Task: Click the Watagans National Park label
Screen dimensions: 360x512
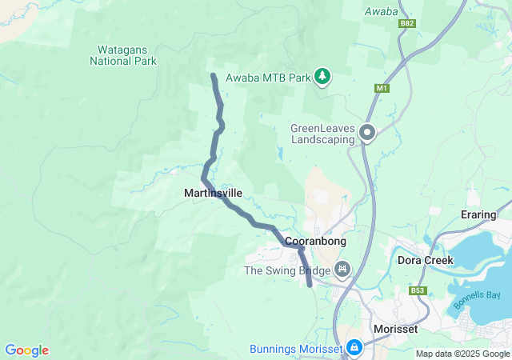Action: tap(123, 54)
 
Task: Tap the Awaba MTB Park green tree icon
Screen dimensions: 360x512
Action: tap(322, 77)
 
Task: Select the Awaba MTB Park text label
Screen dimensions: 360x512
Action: tap(267, 78)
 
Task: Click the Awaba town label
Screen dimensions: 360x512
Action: tap(381, 11)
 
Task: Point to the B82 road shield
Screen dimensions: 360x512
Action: tap(407, 25)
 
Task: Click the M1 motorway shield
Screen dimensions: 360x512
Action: tap(381, 88)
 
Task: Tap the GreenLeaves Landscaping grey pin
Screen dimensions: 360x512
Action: tap(367, 132)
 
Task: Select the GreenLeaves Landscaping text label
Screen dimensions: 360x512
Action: tap(323, 133)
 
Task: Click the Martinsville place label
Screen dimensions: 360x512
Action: tap(213, 193)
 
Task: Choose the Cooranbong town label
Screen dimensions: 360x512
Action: tap(313, 241)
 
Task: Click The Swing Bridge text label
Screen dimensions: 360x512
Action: tap(286, 270)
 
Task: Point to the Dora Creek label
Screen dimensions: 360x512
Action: tap(426, 260)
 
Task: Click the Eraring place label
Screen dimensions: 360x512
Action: tap(485, 215)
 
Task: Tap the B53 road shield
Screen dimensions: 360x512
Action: tap(417, 290)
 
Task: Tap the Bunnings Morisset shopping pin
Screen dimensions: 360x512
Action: tap(354, 348)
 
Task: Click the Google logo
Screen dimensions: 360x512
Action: tap(26, 350)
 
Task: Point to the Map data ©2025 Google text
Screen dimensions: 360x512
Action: tap(462, 354)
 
